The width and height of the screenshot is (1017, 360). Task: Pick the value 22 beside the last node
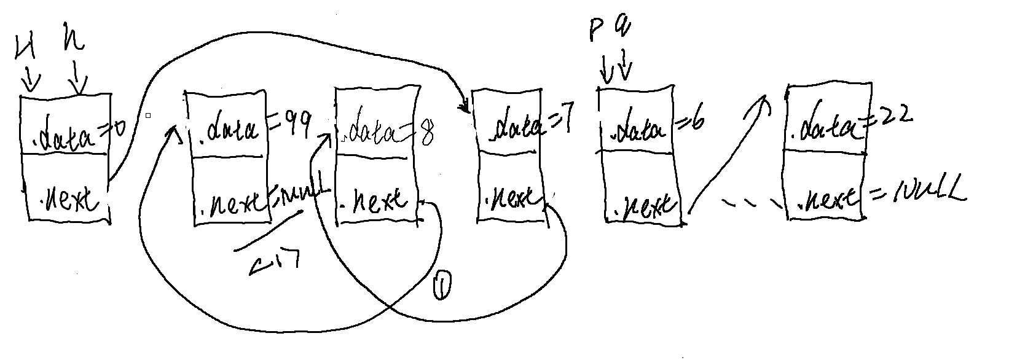click(x=894, y=115)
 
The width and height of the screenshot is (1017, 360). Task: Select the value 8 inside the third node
click(x=425, y=132)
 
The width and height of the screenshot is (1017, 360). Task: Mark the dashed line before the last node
click(x=753, y=203)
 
